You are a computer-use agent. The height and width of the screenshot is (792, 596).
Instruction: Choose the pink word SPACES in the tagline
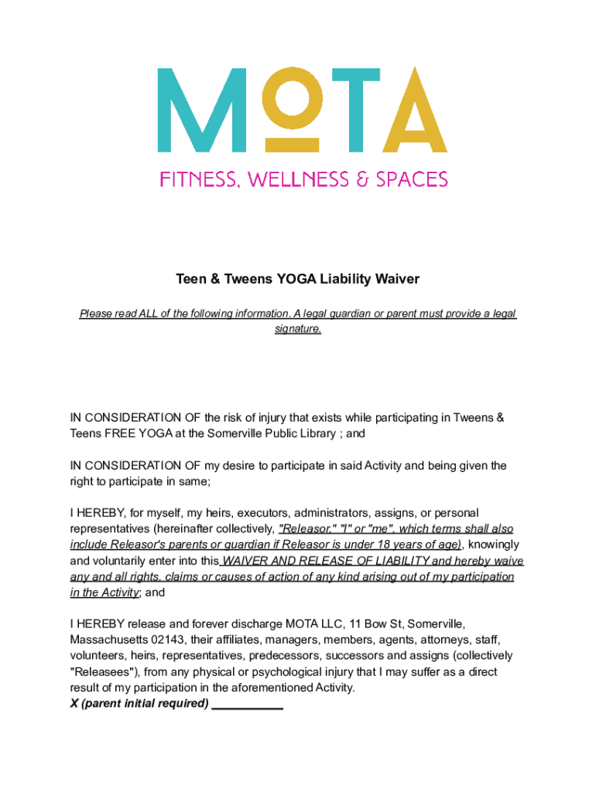[412, 179]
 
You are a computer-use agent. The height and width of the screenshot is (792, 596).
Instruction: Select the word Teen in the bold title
[190, 278]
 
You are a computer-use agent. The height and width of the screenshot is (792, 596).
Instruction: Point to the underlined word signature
[298, 329]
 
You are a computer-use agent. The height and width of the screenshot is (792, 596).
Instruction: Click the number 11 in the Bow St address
[355, 623]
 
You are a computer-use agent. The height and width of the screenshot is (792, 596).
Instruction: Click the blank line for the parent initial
[247, 705]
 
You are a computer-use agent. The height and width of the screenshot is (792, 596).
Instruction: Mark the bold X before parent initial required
[74, 704]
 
